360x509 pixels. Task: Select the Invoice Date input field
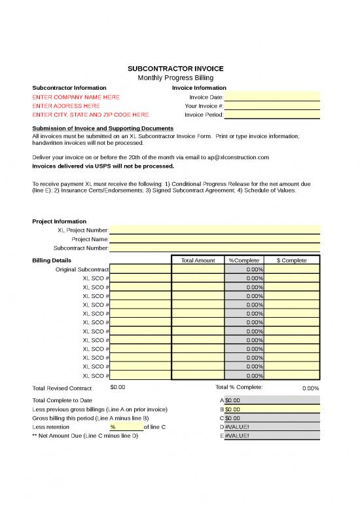pyautogui.click(x=272, y=97)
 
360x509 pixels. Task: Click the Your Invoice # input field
pyautogui.click(x=272, y=105)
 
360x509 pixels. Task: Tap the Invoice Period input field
pyautogui.click(x=272, y=115)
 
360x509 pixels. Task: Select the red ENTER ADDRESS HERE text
pyautogui.click(x=66, y=105)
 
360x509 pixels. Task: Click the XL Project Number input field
pyautogui.click(x=215, y=230)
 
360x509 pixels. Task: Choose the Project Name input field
pyautogui.click(x=215, y=239)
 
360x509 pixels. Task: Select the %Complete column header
pyautogui.click(x=244, y=260)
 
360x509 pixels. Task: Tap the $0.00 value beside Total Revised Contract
pyautogui.click(x=118, y=387)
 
